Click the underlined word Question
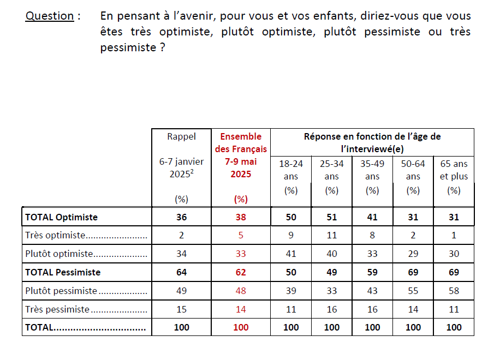pos(50,16)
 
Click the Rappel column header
pos(181,136)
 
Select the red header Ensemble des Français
pos(241,143)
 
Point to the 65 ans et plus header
pos(454,170)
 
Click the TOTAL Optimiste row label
pos(61,217)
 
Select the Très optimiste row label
pos(56,236)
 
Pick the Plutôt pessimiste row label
pos(61,291)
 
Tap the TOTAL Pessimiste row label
pos(63,272)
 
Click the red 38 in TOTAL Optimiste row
pos(241,217)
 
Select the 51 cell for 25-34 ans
pos(332,217)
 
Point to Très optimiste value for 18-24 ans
pos(291,236)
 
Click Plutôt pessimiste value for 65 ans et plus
pos(454,291)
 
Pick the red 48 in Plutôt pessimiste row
pos(241,291)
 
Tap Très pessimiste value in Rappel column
pos(181,309)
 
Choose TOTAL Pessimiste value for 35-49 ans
pos(372,272)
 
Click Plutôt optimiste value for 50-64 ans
pos(413,254)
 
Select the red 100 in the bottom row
pos(241,327)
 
